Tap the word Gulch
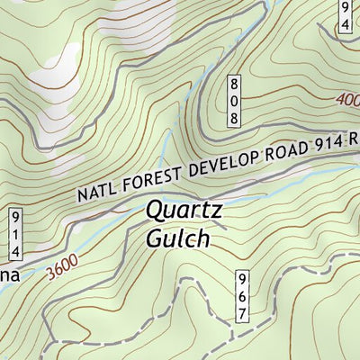[177, 239]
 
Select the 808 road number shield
[233, 100]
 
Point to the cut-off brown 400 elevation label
[347, 100]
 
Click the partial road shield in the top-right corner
[346, 15]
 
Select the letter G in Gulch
[154, 239]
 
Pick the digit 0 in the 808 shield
[233, 100]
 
